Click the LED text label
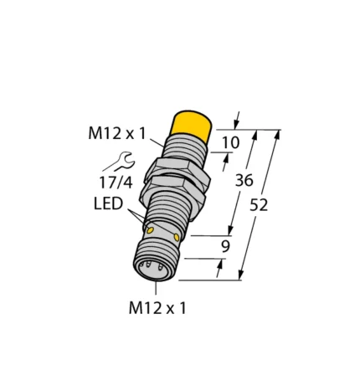click(x=111, y=204)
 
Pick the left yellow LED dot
click(x=152, y=230)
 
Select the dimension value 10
click(x=230, y=143)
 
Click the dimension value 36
click(x=243, y=179)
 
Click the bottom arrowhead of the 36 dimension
click(x=229, y=233)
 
